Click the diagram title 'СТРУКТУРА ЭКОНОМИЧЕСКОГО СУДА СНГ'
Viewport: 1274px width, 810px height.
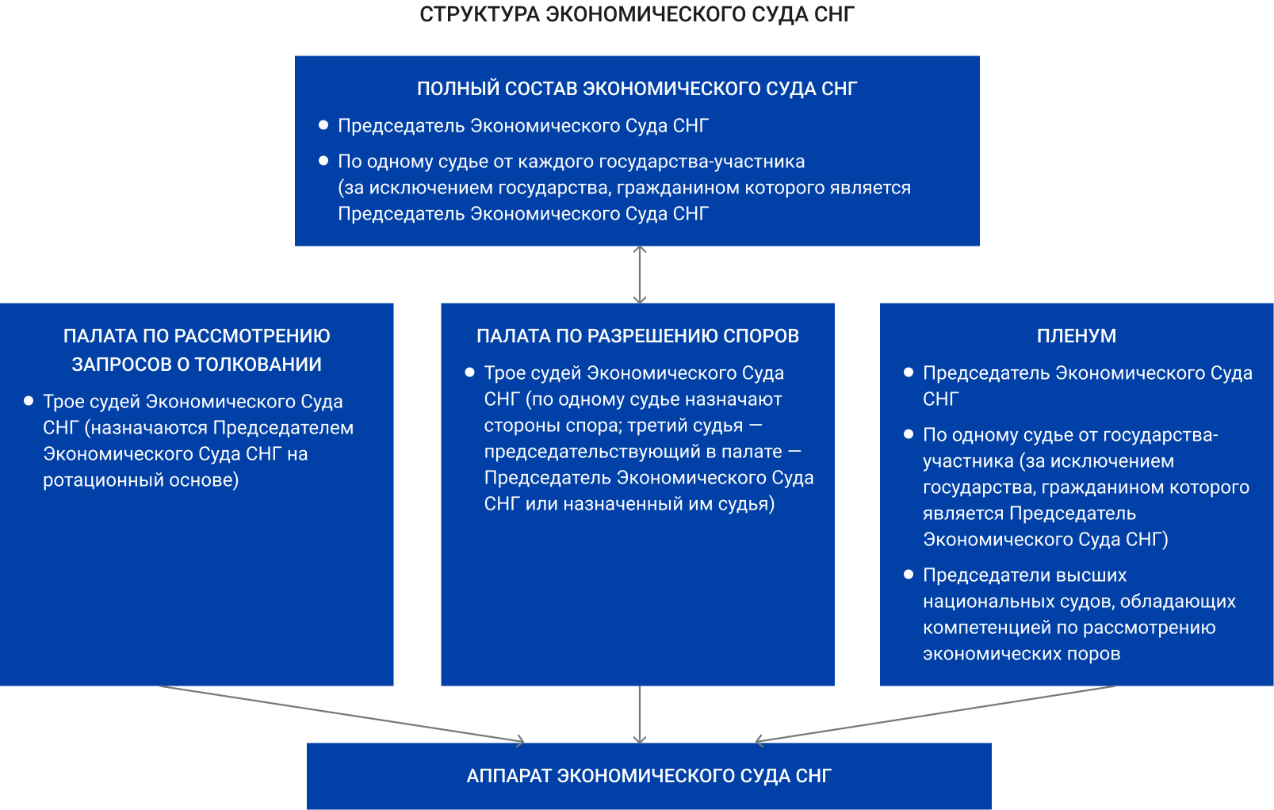[637, 14]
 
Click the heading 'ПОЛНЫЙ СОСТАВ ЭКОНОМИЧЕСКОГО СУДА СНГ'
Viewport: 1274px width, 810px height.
[637, 89]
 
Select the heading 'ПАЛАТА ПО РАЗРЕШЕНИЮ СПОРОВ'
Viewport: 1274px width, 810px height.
[637, 336]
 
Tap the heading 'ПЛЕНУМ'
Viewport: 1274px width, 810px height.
[1076, 336]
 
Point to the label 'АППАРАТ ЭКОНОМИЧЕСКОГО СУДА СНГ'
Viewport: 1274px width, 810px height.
[648, 776]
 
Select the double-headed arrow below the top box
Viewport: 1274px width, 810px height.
[640, 274]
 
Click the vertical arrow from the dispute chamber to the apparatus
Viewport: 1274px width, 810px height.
[640, 713]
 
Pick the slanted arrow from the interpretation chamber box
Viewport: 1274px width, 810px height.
[341, 714]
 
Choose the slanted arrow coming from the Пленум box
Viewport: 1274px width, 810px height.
[935, 714]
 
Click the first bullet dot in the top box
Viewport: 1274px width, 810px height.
[323, 125]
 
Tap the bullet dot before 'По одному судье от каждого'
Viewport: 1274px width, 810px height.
[323, 161]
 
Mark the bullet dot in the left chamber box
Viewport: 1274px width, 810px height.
[29, 401]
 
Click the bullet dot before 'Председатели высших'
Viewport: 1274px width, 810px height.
[909, 575]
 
